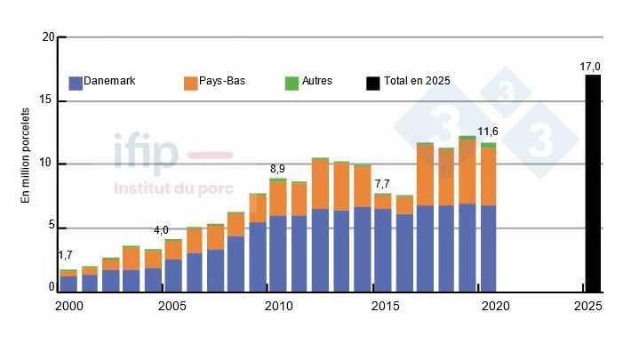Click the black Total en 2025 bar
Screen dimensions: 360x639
592,183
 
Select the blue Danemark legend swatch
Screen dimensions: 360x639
76,83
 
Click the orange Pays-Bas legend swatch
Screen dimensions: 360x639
190,83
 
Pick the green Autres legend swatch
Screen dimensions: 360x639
291,83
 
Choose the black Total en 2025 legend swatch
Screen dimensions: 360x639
372,83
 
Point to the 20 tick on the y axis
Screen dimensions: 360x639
48,37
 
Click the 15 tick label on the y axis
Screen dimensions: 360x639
48,100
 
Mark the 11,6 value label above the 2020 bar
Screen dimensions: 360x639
488,132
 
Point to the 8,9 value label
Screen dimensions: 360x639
278,168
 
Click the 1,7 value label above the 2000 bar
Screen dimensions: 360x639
65,256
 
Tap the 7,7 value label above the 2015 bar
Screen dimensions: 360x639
382,184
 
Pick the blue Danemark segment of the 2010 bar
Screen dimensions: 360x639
278,253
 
